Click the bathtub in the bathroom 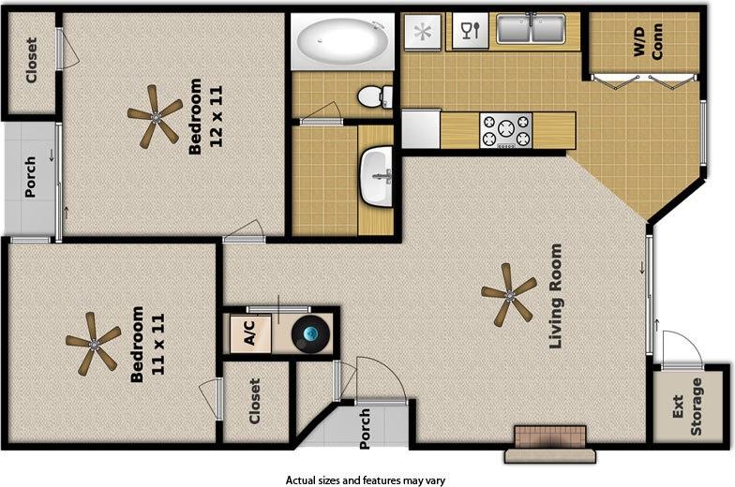(343, 41)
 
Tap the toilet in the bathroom (375, 96)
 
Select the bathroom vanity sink (381, 177)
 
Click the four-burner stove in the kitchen (505, 130)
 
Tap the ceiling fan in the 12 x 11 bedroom (155, 116)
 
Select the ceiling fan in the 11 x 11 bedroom (93, 343)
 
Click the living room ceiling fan (509, 293)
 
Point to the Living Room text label (556, 297)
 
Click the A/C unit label (250, 332)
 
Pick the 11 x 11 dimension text (157, 344)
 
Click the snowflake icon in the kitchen (423, 31)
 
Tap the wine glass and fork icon (466, 31)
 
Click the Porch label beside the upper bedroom (30, 177)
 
